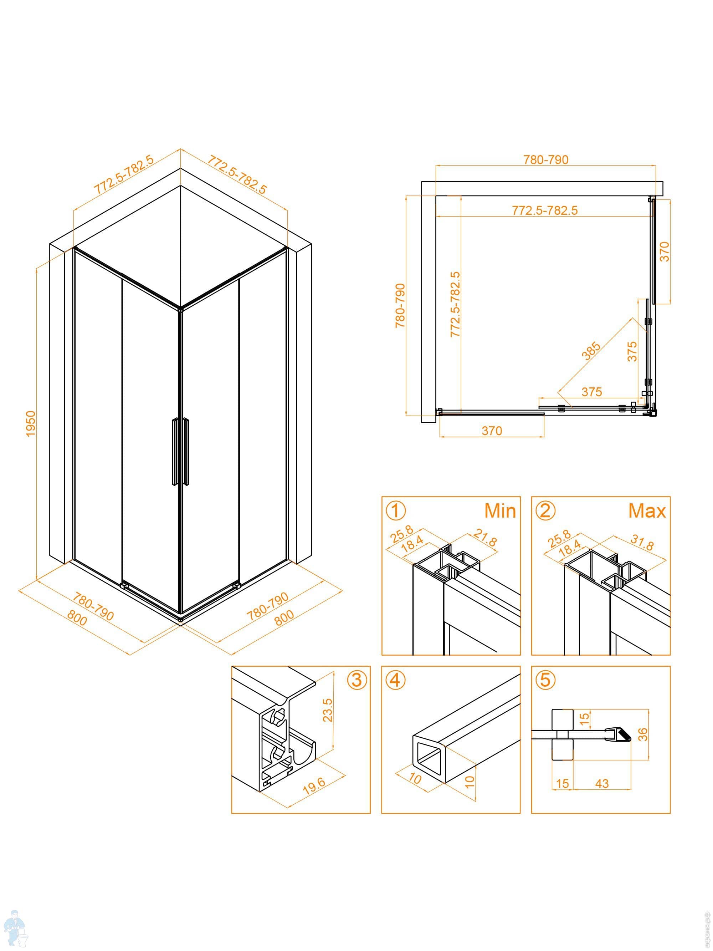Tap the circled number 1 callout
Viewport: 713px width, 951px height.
click(x=395, y=511)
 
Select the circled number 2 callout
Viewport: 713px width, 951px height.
click(x=545, y=511)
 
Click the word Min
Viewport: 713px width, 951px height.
click(x=500, y=511)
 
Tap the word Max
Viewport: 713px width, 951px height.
click(x=647, y=511)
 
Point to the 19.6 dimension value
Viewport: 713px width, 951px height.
click(x=314, y=785)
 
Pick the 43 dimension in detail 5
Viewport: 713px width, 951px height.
click(x=602, y=783)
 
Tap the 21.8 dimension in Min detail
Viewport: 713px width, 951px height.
click(x=485, y=538)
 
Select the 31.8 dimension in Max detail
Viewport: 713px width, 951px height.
click(x=642, y=543)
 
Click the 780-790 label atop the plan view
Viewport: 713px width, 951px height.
click(x=545, y=159)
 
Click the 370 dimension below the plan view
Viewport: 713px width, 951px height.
click(x=492, y=430)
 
